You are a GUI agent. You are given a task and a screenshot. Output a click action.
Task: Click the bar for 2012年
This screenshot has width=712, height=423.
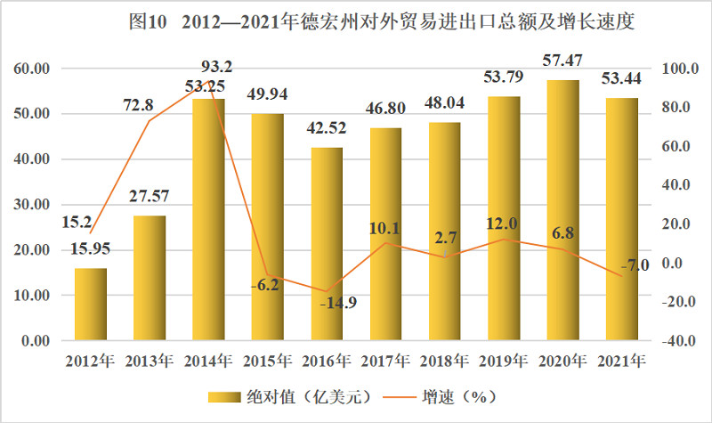tap(91, 304)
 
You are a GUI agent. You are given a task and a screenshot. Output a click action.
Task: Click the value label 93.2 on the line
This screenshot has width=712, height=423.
tap(217, 67)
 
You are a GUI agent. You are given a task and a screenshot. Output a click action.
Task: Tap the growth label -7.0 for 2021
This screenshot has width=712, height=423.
tap(635, 264)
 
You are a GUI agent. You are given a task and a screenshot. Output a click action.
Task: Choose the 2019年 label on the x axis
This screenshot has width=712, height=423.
tap(504, 361)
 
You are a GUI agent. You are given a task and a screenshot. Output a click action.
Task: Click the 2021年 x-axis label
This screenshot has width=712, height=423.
tap(622, 361)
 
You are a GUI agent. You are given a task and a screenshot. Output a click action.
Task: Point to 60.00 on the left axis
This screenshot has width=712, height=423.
tap(30, 69)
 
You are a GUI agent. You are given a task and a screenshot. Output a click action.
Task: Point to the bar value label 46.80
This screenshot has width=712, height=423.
tap(386, 109)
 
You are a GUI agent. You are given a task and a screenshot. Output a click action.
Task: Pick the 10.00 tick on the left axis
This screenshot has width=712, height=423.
tap(30, 296)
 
